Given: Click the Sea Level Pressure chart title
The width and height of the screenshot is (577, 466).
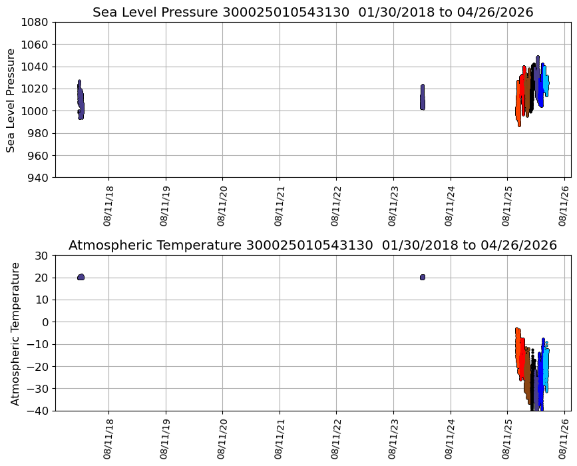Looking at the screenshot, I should [x=313, y=12].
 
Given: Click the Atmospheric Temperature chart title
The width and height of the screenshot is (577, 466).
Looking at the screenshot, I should [x=313, y=245].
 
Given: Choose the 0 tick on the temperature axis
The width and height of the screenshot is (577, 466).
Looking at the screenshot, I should [x=46, y=322].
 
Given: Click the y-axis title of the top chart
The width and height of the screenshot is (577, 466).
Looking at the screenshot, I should [x=11, y=100].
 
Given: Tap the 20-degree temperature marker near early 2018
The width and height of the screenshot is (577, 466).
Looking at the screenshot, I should [x=81, y=277].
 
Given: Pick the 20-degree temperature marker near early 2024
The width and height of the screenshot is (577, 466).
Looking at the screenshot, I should [x=423, y=277].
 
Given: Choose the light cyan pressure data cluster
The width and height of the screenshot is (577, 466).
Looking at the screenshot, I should [x=546, y=83].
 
